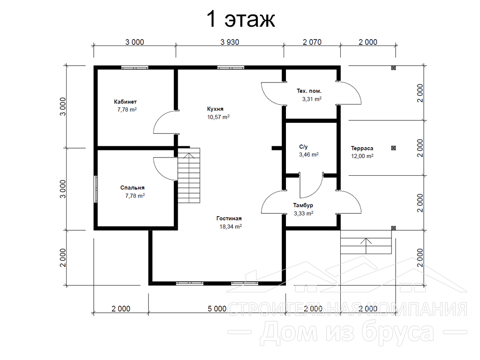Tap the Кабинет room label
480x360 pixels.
(x=125, y=102)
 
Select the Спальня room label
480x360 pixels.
(x=132, y=187)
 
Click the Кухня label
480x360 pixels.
(x=215, y=109)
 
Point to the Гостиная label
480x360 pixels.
(x=229, y=218)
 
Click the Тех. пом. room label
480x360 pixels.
(x=309, y=91)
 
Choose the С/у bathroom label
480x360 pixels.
(x=303, y=147)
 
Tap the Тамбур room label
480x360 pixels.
(x=303, y=205)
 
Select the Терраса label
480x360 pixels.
(x=362, y=149)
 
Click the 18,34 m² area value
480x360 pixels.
(x=231, y=226)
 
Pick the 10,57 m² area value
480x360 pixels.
(x=218, y=117)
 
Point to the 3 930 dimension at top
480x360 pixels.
(x=230, y=42)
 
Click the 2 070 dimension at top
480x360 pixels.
(x=312, y=42)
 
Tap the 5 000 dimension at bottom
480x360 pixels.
(x=217, y=308)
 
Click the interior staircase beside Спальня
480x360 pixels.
(x=189, y=175)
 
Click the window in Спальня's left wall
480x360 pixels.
(x=96, y=189)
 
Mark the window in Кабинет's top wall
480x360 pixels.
(x=135, y=67)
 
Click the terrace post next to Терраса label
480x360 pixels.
(x=394, y=148)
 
